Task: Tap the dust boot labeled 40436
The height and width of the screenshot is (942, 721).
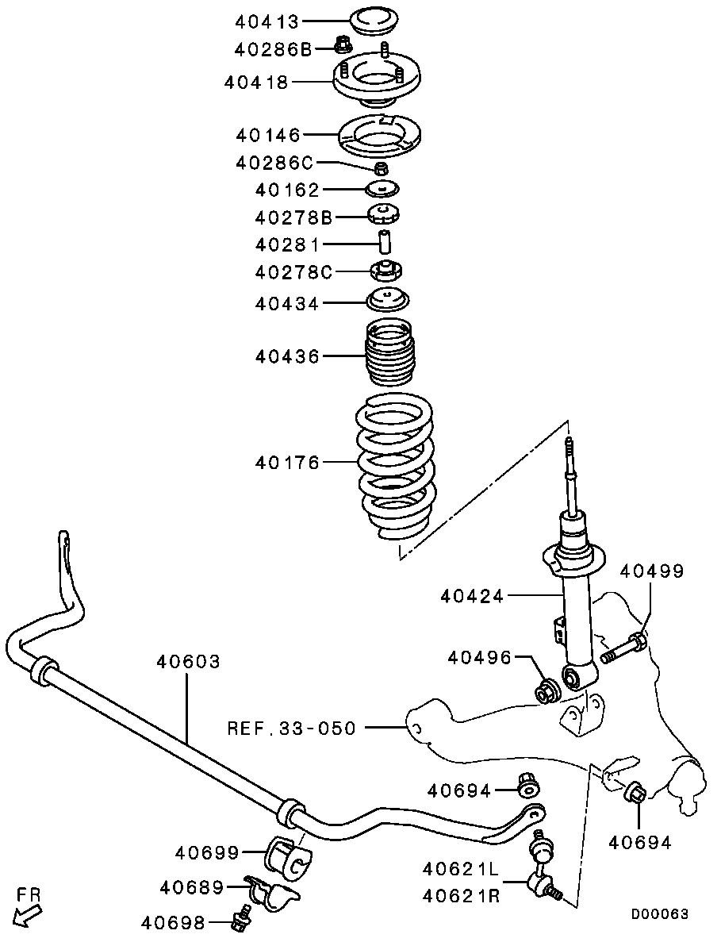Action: (x=389, y=354)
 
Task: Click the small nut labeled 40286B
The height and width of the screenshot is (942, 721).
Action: (x=343, y=46)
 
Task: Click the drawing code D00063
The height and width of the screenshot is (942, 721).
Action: (x=659, y=913)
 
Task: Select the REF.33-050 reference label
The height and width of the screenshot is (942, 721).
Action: (x=291, y=726)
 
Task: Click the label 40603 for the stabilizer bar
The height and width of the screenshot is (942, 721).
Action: (x=188, y=660)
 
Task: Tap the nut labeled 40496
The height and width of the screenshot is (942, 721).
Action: (x=546, y=690)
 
